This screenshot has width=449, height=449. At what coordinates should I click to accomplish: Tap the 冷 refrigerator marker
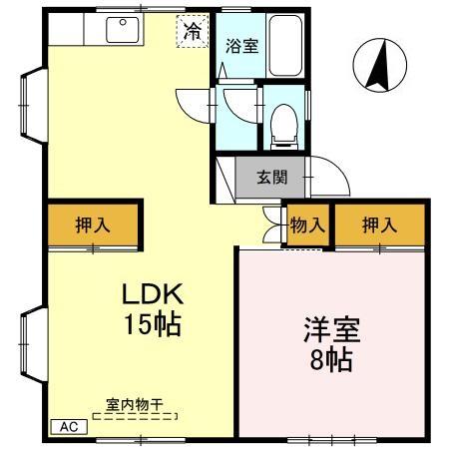[193, 31]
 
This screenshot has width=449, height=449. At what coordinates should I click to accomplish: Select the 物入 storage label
[307, 226]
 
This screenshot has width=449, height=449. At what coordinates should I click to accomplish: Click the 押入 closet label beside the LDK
[93, 226]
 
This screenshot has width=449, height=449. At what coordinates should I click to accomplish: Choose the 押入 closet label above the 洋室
[379, 226]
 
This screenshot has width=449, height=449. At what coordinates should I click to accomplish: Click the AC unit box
[69, 426]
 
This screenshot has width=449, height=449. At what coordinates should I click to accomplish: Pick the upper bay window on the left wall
[30, 98]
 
